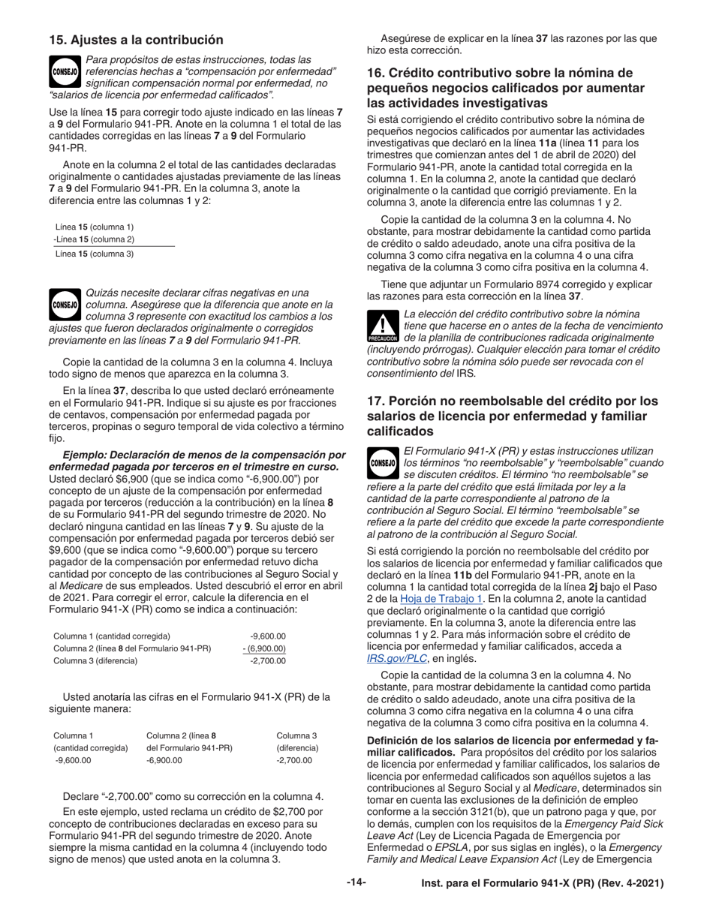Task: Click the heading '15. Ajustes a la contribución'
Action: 136,40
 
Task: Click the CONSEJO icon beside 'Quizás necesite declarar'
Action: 65,305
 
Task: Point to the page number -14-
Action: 356,882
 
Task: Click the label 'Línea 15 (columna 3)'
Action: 94,254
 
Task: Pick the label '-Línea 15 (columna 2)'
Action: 94,239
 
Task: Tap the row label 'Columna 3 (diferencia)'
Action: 95,661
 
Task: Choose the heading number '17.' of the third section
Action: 377,401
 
